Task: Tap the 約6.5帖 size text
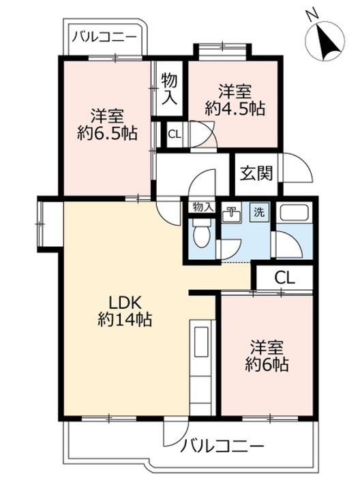coord(108,132)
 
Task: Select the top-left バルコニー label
coord(105,36)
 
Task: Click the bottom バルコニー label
coord(222,447)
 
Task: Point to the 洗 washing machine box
coord(260,212)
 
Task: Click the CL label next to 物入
coord(175,134)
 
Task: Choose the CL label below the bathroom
coord(284,277)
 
